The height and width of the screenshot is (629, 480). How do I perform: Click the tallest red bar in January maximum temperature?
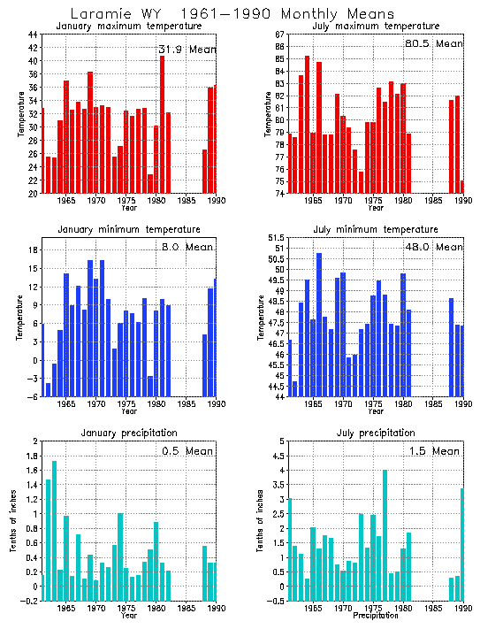pos(163,125)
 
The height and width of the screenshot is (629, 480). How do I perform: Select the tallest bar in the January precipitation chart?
pos(54,528)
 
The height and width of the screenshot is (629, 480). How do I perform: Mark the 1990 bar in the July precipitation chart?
pos(462,541)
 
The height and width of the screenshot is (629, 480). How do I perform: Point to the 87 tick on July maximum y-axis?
pos(278,35)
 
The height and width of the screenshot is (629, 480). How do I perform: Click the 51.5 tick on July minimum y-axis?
pos(276,238)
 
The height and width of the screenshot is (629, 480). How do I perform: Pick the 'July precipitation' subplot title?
pos(363,433)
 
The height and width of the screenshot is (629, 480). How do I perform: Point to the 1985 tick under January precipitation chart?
pos(187,609)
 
